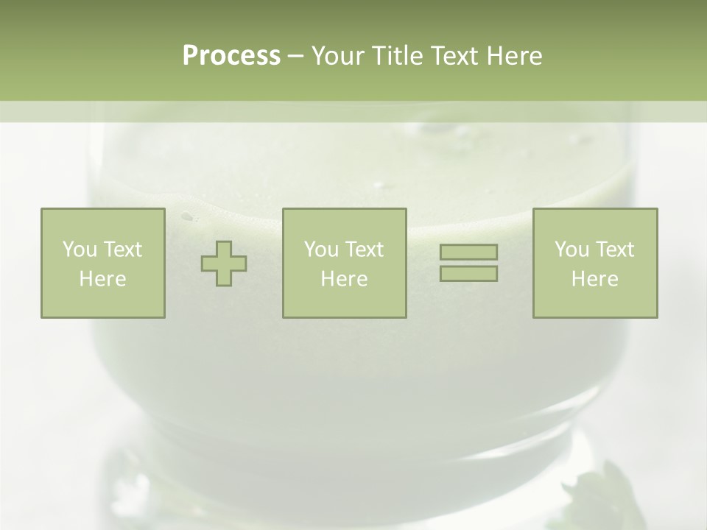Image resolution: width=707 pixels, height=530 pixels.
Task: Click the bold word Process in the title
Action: click(231, 56)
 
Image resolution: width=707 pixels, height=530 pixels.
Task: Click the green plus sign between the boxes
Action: click(224, 264)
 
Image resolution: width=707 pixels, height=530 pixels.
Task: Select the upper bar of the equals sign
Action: click(468, 252)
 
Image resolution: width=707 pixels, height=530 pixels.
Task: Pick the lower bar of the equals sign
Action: click(468, 274)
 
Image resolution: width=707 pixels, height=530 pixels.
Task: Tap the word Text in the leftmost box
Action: click(122, 250)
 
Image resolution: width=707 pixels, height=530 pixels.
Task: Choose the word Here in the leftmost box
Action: click(102, 279)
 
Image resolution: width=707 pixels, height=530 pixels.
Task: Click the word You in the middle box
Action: click(322, 250)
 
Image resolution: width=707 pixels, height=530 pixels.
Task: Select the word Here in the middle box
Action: click(344, 279)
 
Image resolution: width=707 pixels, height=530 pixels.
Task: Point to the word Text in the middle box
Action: click(364, 250)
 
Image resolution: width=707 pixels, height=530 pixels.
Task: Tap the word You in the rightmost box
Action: click(572, 250)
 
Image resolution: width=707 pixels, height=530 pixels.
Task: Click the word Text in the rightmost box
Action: click(614, 250)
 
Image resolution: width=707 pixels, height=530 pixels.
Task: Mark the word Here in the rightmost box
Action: click(594, 279)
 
